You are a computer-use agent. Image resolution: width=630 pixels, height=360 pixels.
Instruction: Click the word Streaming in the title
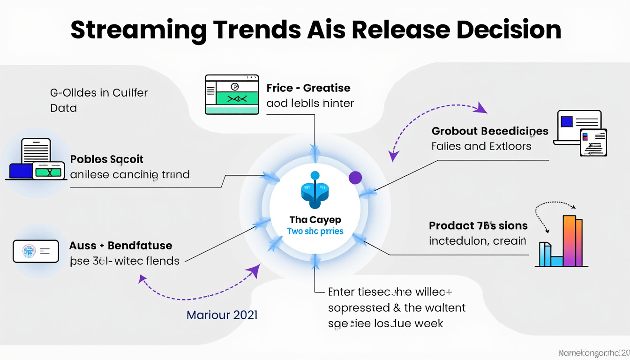(138, 30)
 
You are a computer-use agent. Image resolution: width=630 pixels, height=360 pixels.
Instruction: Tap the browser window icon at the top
(232, 94)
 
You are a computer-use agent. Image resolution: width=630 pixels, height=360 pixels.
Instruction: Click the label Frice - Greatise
(308, 88)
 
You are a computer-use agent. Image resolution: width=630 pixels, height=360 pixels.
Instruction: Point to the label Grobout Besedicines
(490, 131)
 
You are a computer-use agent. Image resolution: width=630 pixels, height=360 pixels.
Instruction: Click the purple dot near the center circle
(355, 177)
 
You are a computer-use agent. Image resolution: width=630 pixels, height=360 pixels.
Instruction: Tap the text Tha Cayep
(315, 219)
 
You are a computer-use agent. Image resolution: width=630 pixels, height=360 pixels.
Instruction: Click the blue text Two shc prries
(315, 231)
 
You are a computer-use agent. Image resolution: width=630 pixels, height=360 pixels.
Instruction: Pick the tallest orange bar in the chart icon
(569, 240)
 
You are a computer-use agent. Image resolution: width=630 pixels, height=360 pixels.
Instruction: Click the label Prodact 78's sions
(478, 225)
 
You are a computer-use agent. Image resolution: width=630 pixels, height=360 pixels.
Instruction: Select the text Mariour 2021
(222, 315)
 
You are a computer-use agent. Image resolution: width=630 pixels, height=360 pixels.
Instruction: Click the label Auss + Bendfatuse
(121, 245)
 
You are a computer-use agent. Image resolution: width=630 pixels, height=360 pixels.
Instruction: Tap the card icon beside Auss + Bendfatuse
(36, 251)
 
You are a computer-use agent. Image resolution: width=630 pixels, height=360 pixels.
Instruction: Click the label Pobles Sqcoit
(106, 159)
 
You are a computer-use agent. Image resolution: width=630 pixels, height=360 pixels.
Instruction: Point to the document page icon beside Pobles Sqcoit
(36, 151)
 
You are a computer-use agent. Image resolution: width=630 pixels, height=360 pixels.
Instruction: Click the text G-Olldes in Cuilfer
(98, 93)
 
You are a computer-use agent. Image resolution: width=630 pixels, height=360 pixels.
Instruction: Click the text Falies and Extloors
(481, 146)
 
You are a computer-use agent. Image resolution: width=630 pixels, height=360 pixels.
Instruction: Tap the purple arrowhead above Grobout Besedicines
(480, 109)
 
